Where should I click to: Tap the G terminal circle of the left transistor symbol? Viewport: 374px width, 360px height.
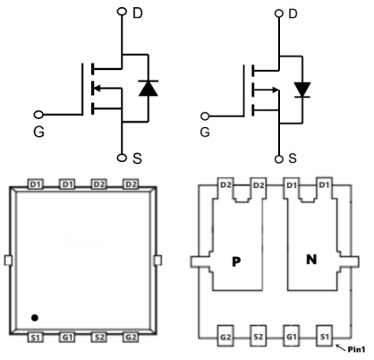point(38,115)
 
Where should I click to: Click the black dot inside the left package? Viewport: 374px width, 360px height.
point(34,317)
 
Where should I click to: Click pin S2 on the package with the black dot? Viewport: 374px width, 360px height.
point(98,338)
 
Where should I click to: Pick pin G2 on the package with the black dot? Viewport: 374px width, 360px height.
point(131,338)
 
